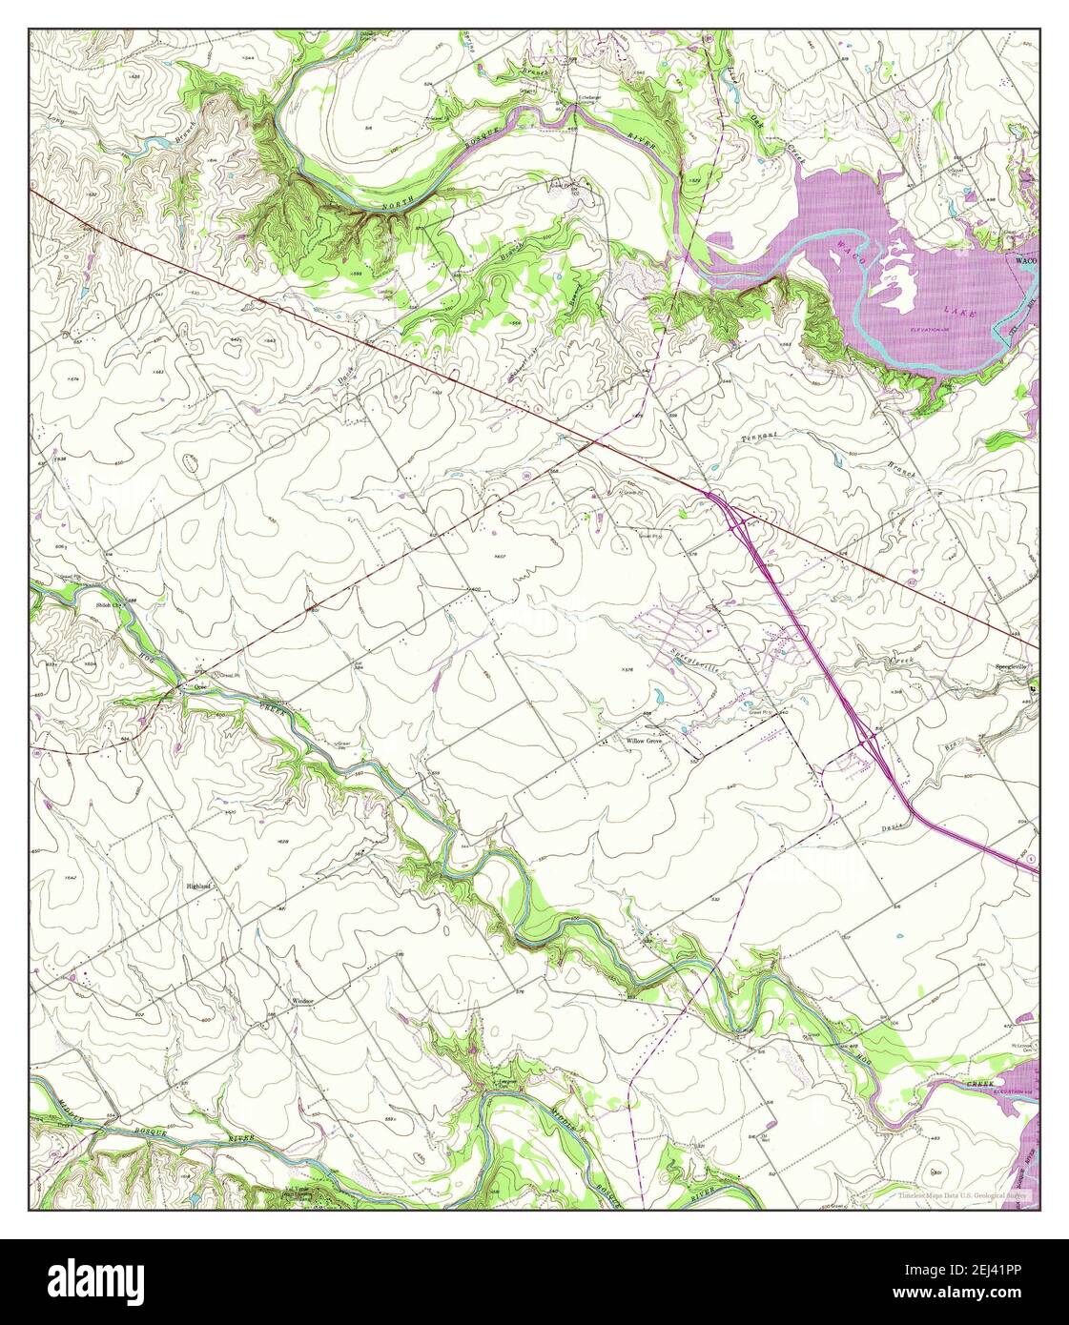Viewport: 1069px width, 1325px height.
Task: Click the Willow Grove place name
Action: click(x=643, y=740)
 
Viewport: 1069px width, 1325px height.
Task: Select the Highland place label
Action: click(x=197, y=886)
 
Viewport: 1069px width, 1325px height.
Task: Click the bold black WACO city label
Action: click(x=1025, y=259)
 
